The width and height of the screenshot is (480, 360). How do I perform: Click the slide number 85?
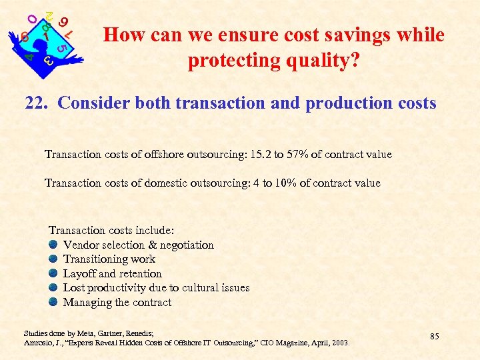(434, 336)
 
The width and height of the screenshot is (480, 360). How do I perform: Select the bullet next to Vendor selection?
(53, 245)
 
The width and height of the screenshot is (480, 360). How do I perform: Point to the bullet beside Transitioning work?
(53, 259)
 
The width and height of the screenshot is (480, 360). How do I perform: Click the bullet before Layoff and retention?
(53, 273)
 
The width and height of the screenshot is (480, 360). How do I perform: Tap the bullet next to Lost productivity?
(53, 288)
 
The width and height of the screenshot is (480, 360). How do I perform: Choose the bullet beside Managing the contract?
(53, 302)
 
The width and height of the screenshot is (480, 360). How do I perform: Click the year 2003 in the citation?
(339, 342)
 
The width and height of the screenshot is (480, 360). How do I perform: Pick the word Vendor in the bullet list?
(81, 245)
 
